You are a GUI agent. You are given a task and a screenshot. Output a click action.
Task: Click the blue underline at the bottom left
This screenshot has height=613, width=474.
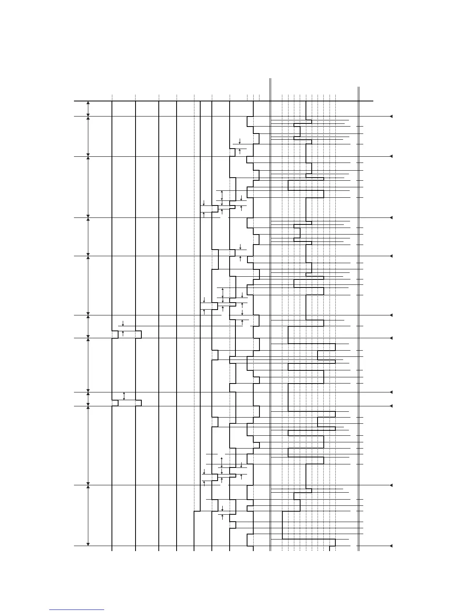[x=77, y=610]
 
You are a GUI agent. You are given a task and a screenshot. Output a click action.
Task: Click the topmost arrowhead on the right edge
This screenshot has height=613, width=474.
[x=391, y=116]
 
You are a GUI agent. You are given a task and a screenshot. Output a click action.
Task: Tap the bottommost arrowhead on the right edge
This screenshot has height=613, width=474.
[x=391, y=546]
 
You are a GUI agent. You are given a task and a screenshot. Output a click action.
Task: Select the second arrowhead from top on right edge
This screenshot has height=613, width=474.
[x=391, y=156]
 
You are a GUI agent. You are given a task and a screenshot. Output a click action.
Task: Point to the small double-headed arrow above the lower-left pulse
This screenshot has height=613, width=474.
[x=124, y=396]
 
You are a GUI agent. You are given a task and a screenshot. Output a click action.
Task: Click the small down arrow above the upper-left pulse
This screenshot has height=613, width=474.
[x=123, y=323]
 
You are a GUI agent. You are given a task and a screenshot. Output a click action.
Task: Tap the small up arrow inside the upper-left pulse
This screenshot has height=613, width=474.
[x=123, y=333]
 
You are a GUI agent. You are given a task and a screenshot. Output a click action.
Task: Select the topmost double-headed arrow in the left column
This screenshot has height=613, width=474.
[x=88, y=108]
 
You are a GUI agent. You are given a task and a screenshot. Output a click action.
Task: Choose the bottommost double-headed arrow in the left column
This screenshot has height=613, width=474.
[x=88, y=515]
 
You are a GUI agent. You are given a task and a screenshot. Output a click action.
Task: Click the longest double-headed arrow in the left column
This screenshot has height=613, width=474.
[x=88, y=445]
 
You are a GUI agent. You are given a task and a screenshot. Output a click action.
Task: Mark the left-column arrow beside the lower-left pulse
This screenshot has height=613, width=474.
[x=88, y=399]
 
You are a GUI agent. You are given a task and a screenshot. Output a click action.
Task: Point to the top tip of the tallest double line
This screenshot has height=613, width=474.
[x=270, y=79]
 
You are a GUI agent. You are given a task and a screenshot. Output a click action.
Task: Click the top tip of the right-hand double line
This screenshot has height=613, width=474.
[x=359, y=87]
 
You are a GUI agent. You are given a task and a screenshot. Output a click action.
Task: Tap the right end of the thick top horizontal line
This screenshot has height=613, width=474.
[x=373, y=101]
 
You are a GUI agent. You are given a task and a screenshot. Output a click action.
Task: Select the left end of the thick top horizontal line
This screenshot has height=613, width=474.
[x=74, y=101]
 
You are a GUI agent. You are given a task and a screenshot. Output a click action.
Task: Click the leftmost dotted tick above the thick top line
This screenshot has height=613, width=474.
[x=112, y=97]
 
